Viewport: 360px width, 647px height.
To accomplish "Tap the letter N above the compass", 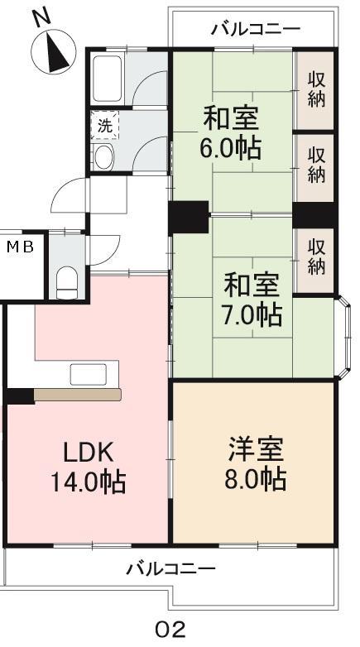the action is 41,18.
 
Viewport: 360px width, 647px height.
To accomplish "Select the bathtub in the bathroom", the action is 107,79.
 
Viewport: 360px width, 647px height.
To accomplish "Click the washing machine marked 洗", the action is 105,125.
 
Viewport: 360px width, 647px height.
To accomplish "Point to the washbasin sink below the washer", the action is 103,156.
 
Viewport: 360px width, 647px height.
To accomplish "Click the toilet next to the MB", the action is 66,282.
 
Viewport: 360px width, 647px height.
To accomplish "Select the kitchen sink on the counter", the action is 89,374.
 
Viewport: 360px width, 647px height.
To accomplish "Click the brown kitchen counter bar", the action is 77,395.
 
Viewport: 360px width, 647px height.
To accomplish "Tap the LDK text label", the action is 88,453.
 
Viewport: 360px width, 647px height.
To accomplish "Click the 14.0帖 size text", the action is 88,482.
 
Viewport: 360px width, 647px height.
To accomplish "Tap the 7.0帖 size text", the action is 252,315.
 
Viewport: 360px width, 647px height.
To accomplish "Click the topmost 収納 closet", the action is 316,90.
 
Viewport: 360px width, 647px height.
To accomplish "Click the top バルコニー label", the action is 255,29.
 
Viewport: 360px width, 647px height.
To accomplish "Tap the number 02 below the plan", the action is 170,630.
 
